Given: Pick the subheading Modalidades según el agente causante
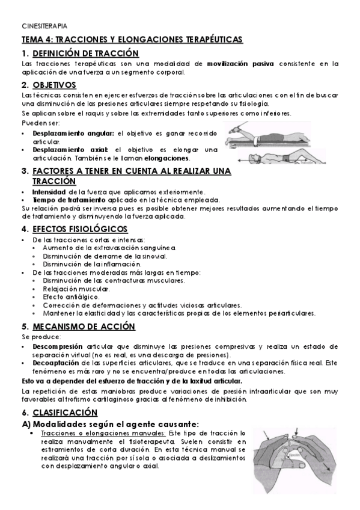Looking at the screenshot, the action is (109, 423).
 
